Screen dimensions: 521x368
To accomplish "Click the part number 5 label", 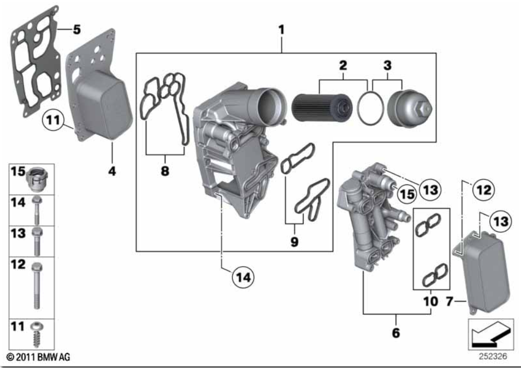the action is (77, 30).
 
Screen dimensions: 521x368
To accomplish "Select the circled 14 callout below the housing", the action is (243, 277).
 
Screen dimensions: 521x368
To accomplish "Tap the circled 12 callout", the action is (483, 190).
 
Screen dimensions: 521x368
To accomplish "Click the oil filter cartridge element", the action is (322, 108).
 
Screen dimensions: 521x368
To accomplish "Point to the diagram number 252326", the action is (493, 357).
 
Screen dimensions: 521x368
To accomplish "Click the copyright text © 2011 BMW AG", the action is (39, 358).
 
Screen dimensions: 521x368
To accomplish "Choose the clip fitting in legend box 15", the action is (38, 180).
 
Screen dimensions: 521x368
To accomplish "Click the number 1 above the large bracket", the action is (282, 30).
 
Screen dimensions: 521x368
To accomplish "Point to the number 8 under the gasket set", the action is (165, 171).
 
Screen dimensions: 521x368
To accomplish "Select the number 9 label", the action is (294, 242).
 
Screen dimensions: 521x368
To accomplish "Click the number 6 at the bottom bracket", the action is (396, 333).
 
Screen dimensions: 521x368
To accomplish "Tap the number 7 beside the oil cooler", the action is (449, 301).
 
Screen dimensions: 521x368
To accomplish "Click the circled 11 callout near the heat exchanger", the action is (53, 119).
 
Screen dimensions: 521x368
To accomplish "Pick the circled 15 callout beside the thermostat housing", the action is (407, 194).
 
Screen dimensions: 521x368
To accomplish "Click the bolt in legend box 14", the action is (36, 210).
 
